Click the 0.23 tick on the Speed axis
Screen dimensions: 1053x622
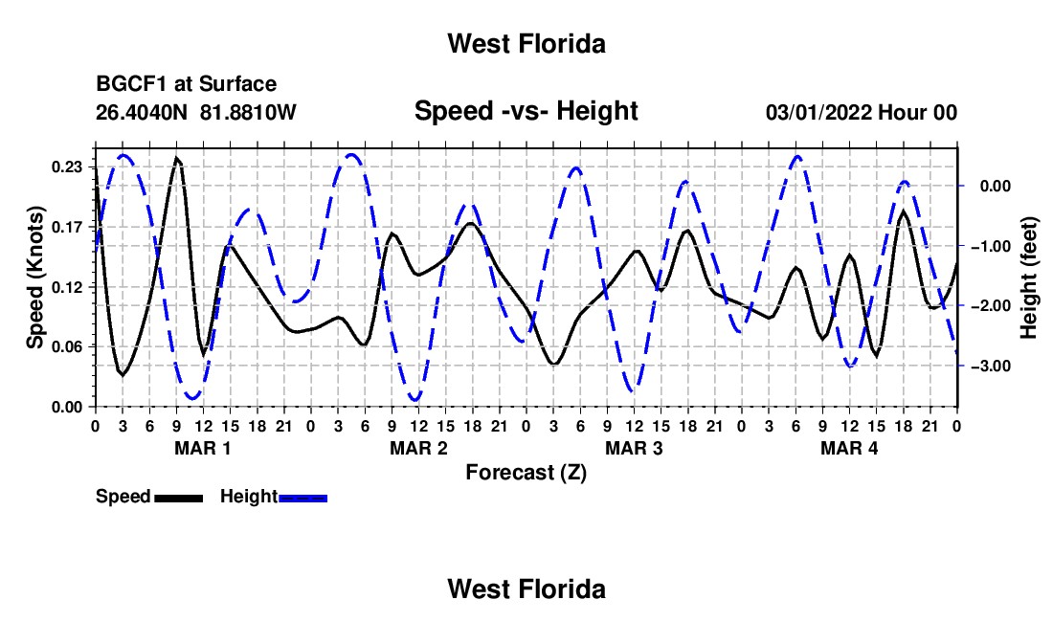(67, 167)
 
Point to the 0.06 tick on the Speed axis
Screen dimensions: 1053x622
(67, 347)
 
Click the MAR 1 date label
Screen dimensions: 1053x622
(203, 448)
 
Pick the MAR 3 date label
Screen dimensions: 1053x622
(634, 448)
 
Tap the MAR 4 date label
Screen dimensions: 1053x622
(849, 448)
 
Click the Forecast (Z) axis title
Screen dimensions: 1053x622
(526, 473)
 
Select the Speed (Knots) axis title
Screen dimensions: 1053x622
(34, 278)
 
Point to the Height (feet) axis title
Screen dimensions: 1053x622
(1029, 278)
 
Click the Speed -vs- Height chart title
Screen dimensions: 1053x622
(526, 111)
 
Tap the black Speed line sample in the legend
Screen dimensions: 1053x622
(179, 498)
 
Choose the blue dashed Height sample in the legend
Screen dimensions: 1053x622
(302, 498)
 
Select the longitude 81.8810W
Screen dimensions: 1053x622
(248, 112)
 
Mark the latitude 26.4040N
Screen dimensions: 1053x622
(142, 112)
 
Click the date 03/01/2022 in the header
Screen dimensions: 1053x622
(819, 112)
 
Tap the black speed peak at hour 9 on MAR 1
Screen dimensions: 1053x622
(177, 158)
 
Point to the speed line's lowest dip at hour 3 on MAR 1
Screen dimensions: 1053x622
(123, 374)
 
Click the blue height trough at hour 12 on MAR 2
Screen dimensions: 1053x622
(415, 400)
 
